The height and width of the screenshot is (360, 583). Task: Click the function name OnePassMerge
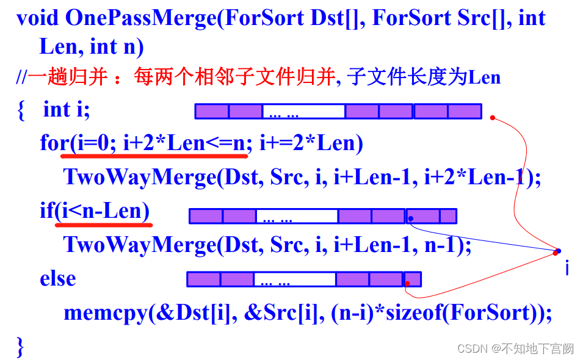[140, 18]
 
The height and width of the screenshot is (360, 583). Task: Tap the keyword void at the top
[37, 18]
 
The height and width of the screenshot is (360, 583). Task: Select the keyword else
[58, 278]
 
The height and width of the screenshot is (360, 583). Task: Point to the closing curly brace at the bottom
[21, 347]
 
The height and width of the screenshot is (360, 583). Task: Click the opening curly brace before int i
[21, 110]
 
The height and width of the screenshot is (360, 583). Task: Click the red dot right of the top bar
[492, 118]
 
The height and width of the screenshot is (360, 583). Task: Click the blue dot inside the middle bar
[411, 218]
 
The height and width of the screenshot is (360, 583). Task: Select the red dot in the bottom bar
[407, 283]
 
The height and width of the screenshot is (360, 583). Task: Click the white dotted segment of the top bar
[303, 112]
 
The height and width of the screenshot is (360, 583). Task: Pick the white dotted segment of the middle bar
[297, 217]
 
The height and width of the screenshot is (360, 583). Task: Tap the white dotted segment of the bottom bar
[294, 279]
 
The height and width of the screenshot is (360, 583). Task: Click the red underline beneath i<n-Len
[103, 224]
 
